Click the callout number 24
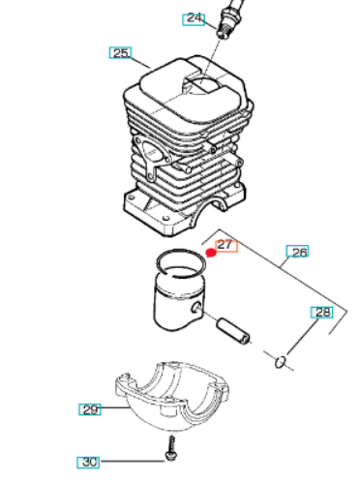194,19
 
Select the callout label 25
120,52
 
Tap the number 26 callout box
297,252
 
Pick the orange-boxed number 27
226,246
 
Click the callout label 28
321,313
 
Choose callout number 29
90,409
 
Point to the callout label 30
88,462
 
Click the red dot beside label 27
211,253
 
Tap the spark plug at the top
228,18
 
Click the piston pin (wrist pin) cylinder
232,331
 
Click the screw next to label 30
171,448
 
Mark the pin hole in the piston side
196,307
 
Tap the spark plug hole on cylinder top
201,84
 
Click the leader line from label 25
141,63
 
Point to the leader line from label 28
302,336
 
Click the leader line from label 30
132,462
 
